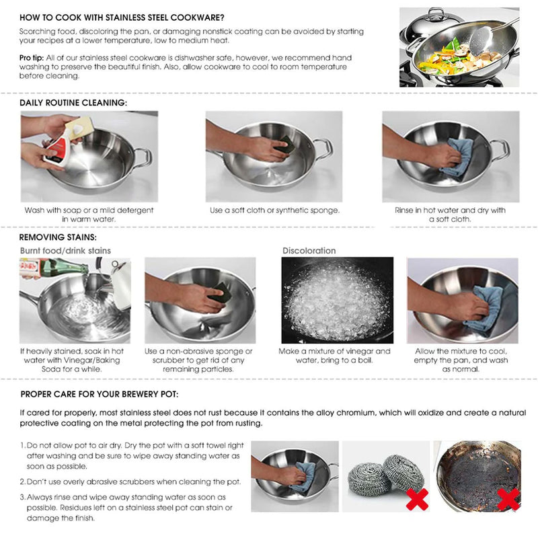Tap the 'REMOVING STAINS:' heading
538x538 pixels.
click(x=58, y=237)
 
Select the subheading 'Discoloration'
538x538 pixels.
click(x=309, y=251)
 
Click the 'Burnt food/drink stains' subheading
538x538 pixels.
click(x=65, y=251)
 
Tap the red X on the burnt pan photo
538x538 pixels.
click(x=508, y=498)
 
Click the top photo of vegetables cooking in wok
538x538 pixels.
click(x=459, y=47)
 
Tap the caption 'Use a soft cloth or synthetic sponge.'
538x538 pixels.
click(x=274, y=210)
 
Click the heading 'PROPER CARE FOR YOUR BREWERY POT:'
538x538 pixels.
click(x=99, y=394)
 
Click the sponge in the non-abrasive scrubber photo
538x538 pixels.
click(x=219, y=294)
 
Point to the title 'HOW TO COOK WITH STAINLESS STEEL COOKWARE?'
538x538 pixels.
click(x=122, y=17)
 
